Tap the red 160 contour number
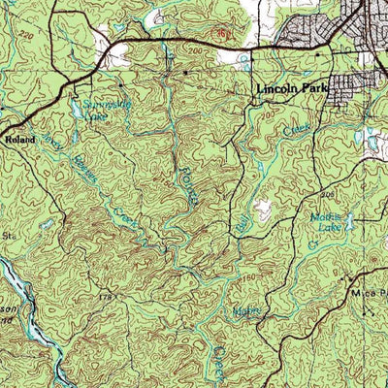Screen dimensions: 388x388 point(225,35)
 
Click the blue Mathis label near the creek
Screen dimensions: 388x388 point(246,311)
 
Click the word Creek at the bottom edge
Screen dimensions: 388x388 point(222,359)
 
